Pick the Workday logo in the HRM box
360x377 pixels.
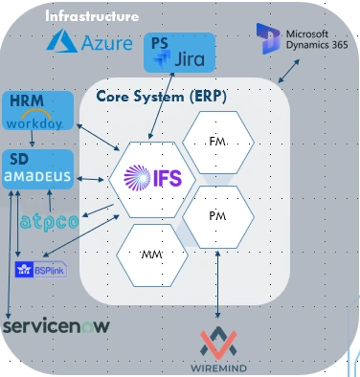point(34,122)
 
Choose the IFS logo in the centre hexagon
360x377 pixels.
point(146,178)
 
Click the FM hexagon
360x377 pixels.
point(216,142)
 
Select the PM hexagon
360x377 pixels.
point(217,216)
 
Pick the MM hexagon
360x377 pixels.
point(149,256)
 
